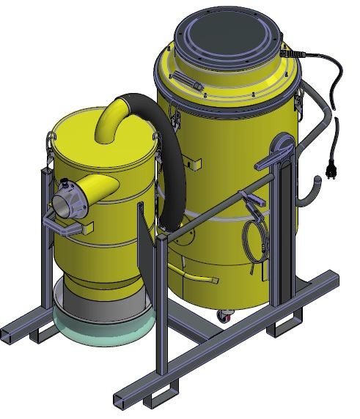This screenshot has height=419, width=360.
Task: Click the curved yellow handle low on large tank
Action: [x=199, y=278]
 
